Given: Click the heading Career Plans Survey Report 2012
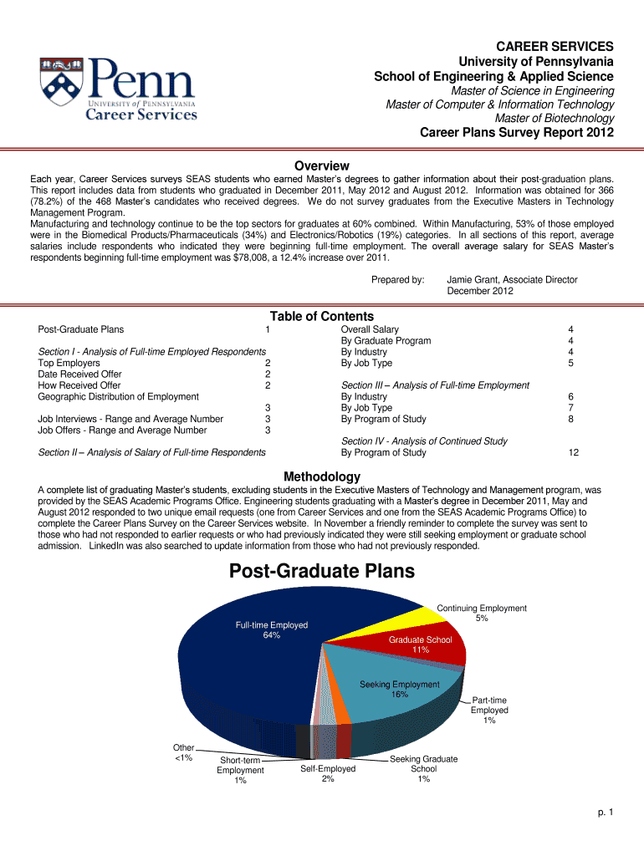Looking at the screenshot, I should (516, 132).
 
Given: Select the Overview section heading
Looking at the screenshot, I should (322, 166).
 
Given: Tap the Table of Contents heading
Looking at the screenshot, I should (322, 316).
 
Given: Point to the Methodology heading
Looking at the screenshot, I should (322, 476).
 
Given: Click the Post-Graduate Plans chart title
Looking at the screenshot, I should (322, 572).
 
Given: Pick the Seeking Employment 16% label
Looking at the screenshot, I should (399, 689).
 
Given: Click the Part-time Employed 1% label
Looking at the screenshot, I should (489, 710).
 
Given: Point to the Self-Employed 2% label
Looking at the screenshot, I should (327, 773).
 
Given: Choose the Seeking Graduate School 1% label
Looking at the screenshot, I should (424, 769).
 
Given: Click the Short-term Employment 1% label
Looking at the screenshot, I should (240, 770).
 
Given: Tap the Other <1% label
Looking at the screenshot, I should (183, 752).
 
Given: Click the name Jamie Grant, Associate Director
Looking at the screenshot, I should (512, 280).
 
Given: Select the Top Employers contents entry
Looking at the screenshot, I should (69, 363).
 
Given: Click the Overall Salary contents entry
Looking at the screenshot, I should (370, 329).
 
